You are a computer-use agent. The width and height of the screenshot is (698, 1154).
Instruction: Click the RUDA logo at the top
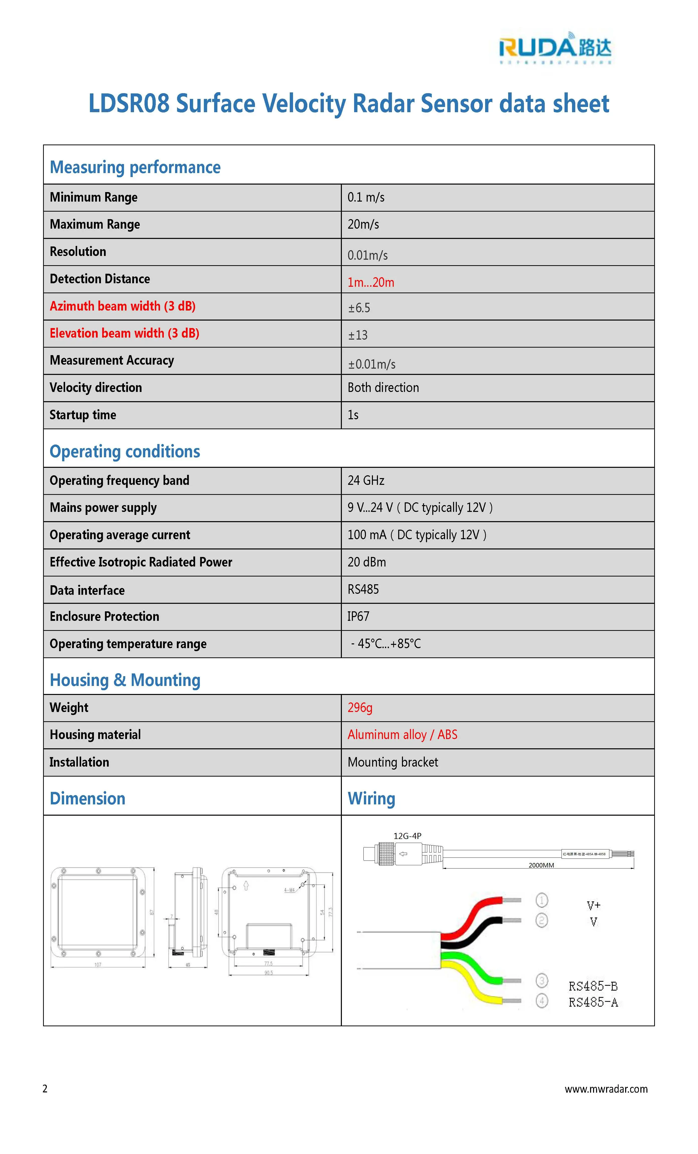click(x=555, y=48)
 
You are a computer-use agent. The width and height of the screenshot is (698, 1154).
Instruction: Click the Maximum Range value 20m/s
click(x=363, y=224)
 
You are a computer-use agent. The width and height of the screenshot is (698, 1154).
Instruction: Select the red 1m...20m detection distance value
click(x=371, y=282)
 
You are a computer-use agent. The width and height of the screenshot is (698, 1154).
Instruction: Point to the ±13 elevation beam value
click(x=358, y=335)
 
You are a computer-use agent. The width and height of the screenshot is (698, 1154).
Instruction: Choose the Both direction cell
click(x=383, y=388)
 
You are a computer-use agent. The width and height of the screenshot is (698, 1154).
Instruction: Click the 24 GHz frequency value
click(x=366, y=481)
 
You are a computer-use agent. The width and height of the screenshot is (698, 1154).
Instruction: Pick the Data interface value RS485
click(x=363, y=590)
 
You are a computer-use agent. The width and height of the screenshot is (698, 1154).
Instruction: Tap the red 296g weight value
click(x=360, y=708)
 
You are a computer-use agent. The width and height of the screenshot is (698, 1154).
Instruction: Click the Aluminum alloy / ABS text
click(x=402, y=735)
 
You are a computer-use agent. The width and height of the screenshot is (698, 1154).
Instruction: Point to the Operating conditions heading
click(x=125, y=452)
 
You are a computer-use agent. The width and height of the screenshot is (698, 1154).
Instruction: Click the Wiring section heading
click(x=371, y=799)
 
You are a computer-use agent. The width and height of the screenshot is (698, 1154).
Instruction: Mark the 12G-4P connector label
click(x=407, y=836)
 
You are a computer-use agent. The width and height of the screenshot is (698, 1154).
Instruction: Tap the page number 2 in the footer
click(x=45, y=1089)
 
